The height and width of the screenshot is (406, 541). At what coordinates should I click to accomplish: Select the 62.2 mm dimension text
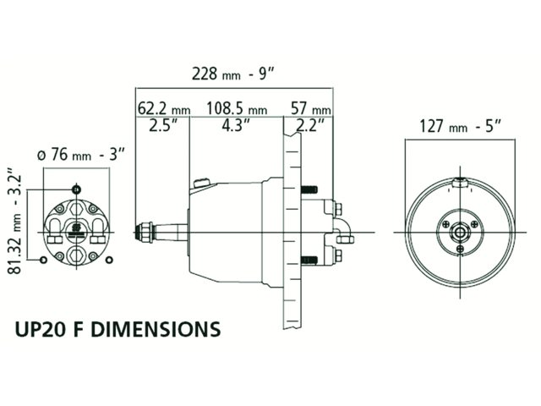tap(163, 110)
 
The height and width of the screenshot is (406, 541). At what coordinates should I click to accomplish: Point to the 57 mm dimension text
tap(309, 110)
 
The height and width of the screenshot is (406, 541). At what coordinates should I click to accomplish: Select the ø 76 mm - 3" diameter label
tap(82, 154)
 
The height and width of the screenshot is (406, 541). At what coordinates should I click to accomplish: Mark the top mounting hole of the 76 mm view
tap(78, 187)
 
